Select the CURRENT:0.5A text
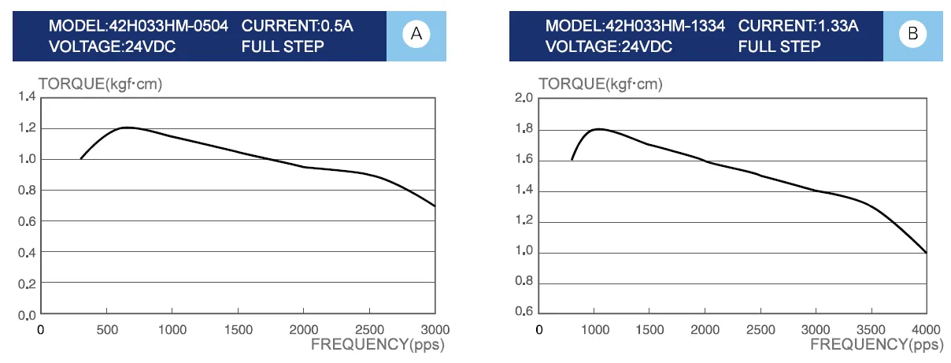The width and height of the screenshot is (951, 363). tap(298, 26)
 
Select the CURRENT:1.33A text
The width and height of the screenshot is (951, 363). tap(798, 26)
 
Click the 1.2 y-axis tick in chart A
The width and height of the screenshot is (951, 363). tap(27, 128)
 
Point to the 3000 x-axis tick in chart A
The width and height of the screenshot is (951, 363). tap(435, 330)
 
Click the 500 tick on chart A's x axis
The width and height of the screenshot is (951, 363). tap(107, 330)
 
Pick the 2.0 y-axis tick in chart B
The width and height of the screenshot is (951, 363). tap(524, 98)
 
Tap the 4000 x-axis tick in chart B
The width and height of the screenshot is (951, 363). tap(926, 328)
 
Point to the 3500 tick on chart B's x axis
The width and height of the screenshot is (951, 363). tap(871, 328)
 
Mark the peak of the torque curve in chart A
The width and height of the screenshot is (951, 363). tap(126, 128)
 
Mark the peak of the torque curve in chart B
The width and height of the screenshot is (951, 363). tap(598, 129)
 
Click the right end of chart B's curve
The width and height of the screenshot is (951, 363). tap(927, 253)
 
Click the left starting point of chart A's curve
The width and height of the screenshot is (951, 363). tap(80, 159)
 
